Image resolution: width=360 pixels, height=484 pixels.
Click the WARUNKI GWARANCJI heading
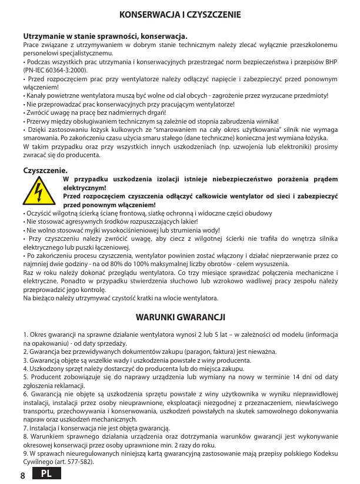[180, 317]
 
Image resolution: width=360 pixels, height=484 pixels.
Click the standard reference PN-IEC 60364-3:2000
[56, 70]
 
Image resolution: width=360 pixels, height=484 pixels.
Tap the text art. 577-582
[77, 462]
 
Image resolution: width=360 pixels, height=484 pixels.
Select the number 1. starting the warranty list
[26, 335]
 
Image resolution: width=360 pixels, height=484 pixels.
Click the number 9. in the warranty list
[26, 454]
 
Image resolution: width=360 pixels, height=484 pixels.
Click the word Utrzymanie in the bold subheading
[42, 37]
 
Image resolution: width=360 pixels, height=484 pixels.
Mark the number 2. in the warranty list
[26, 352]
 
